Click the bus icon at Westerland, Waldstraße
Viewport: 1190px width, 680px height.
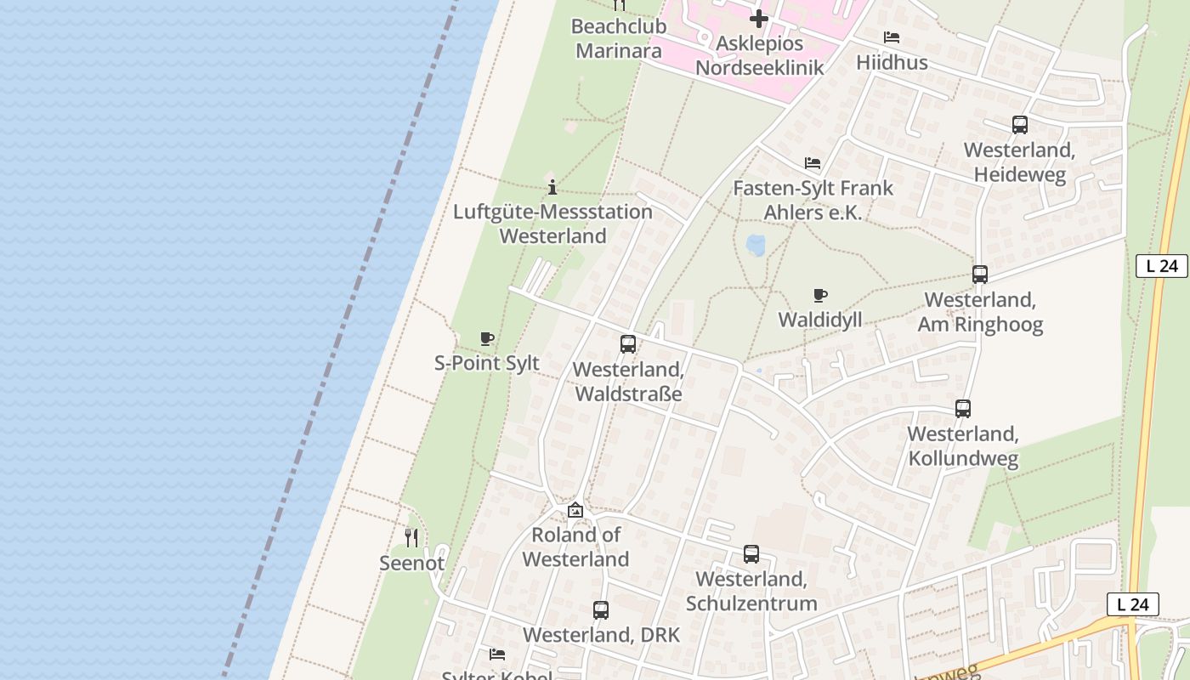628,344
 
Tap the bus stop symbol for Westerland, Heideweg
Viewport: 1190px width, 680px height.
1020,125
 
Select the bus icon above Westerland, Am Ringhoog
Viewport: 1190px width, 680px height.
980,275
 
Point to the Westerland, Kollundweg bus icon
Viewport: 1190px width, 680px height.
963,409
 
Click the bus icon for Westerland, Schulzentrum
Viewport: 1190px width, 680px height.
751,554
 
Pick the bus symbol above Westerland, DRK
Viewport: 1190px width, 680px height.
601,610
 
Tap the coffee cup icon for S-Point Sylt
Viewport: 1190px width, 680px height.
487,339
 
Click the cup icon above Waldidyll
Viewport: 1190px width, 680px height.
820,296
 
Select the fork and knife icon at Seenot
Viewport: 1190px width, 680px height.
411,537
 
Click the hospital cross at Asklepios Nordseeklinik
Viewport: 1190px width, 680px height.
759,18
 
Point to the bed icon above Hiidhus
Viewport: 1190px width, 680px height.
892,37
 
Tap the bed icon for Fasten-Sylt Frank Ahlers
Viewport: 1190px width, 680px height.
813,163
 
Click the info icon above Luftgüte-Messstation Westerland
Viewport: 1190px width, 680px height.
552,187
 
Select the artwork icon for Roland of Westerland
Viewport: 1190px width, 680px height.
575,510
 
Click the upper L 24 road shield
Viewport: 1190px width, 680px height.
1162,266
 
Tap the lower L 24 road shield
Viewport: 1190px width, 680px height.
1133,604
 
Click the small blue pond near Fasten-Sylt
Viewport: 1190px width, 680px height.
755,246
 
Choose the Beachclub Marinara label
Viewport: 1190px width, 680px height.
619,38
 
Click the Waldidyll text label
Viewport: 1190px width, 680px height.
820,320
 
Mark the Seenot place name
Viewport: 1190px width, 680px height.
411,563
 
